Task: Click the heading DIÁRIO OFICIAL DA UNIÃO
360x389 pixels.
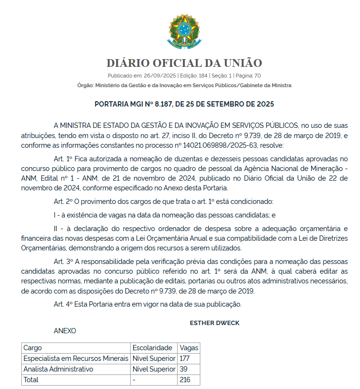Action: [x=184, y=63]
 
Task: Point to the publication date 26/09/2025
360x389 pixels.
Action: [x=160, y=76]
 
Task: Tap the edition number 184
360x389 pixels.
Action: [x=203, y=76]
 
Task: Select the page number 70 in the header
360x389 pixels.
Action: [x=257, y=76]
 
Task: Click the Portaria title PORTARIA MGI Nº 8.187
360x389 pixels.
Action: [x=184, y=104]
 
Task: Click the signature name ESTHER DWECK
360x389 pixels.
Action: [x=214, y=323]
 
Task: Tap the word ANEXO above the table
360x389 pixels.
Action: [x=65, y=331]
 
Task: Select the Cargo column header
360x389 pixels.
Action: [x=32, y=348]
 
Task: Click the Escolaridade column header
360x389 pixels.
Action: [x=152, y=348]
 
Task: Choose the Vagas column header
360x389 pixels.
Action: [x=188, y=348]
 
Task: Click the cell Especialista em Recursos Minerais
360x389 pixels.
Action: [x=76, y=358]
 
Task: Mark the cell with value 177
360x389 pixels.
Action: [x=184, y=358]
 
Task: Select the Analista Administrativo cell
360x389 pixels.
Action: [x=58, y=369]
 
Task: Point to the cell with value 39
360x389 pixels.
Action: [x=183, y=369]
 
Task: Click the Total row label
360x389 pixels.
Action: [x=31, y=380]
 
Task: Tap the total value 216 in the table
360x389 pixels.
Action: [x=185, y=380]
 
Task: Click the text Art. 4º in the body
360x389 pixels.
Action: [x=63, y=304]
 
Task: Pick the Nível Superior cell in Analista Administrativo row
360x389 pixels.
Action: [x=153, y=369]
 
